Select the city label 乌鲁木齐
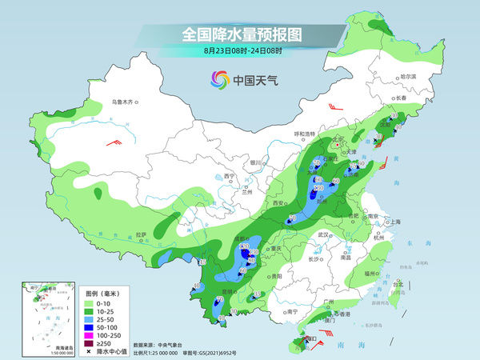126,102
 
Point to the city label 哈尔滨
409,76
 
